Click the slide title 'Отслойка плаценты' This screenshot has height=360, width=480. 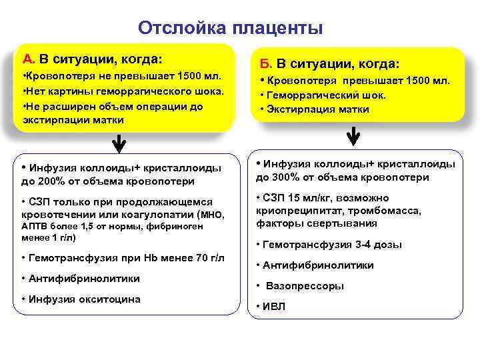230,28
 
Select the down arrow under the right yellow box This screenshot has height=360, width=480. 353,137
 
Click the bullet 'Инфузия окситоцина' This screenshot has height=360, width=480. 84,299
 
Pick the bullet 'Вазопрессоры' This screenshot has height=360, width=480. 305,286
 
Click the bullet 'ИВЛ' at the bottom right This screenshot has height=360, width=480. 273,306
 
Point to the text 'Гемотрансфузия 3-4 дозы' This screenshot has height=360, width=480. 332,245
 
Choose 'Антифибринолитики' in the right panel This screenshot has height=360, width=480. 318,265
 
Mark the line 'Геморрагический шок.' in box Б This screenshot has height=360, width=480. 325,95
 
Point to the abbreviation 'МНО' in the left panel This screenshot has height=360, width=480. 213,215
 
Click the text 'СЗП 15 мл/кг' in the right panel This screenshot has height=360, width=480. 295,198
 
